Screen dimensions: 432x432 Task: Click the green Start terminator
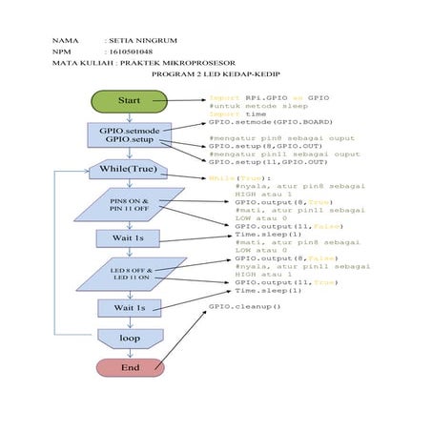[x=129, y=100]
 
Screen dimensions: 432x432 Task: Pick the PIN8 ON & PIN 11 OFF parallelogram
[x=129, y=206]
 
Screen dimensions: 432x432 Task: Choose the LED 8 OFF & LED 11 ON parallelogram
[x=129, y=275]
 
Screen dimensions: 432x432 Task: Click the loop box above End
[x=129, y=338]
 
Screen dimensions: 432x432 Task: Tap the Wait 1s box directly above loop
[x=129, y=308]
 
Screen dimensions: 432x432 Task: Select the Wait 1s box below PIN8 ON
[x=129, y=238]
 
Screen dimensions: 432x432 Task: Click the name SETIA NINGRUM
[x=142, y=42]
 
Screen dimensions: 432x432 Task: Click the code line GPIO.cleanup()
[x=245, y=307]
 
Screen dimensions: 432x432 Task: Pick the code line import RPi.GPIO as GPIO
[x=268, y=97]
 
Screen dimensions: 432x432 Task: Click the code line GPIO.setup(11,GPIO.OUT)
[x=266, y=162]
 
